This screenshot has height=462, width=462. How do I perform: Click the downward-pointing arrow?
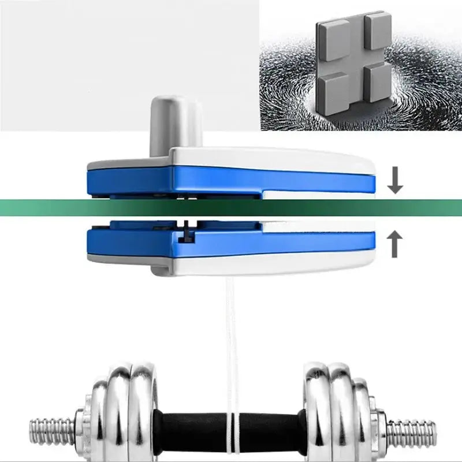click(x=395, y=181)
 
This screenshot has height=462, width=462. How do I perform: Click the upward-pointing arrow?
click(x=395, y=245)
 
